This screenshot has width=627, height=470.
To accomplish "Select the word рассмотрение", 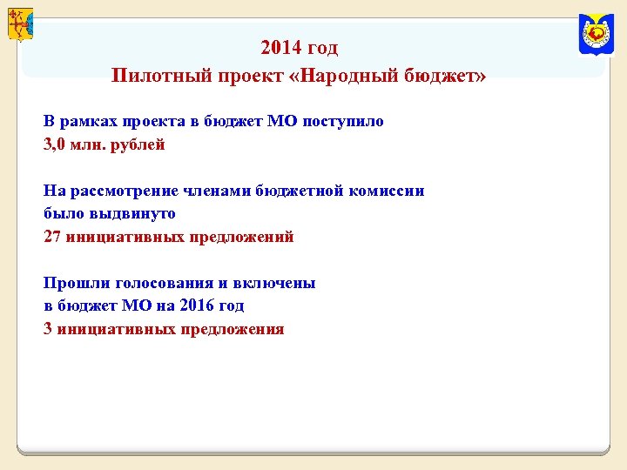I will coord(128,191).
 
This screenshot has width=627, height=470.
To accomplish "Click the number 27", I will coord(52,237).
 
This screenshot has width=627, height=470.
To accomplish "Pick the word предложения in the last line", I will coord(232,329).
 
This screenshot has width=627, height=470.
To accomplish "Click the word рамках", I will coord(93,122).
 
